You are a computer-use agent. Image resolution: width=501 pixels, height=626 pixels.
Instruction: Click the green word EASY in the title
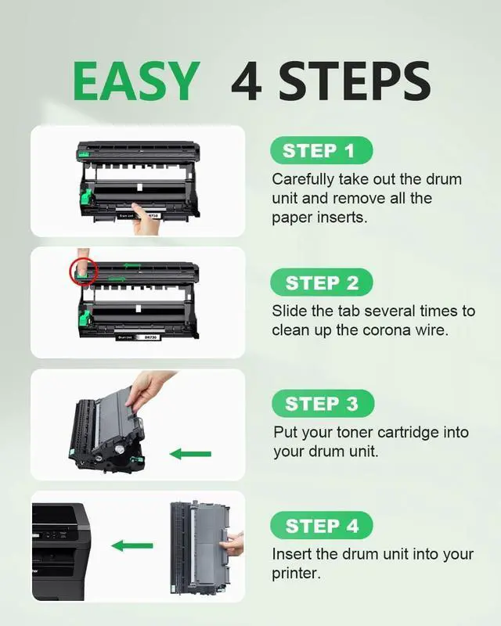pos(136,81)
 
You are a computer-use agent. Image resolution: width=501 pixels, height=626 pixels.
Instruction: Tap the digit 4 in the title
pos(247,81)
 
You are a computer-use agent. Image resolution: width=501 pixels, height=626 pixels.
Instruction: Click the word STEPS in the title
pos(355,81)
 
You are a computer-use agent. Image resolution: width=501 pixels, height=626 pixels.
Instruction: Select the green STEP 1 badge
pos(322,150)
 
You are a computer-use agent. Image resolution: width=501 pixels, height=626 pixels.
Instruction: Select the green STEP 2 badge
pos(322,282)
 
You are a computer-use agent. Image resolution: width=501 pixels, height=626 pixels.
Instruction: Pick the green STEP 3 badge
pos(323,404)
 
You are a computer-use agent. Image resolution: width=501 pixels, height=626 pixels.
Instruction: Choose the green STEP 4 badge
pos(322,525)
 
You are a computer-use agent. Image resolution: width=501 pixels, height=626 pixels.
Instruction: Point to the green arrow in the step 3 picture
pos(190,454)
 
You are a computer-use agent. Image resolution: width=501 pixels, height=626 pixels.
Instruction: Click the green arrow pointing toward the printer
pos(132,545)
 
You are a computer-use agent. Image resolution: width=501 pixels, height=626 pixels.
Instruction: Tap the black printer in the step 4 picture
pos(60,552)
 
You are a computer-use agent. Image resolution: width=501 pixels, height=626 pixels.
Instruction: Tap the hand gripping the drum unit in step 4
pos(232,544)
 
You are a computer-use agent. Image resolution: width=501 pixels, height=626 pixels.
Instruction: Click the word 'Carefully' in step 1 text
pos(302,179)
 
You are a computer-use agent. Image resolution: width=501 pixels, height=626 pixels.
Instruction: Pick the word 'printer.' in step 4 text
pos(296,574)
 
